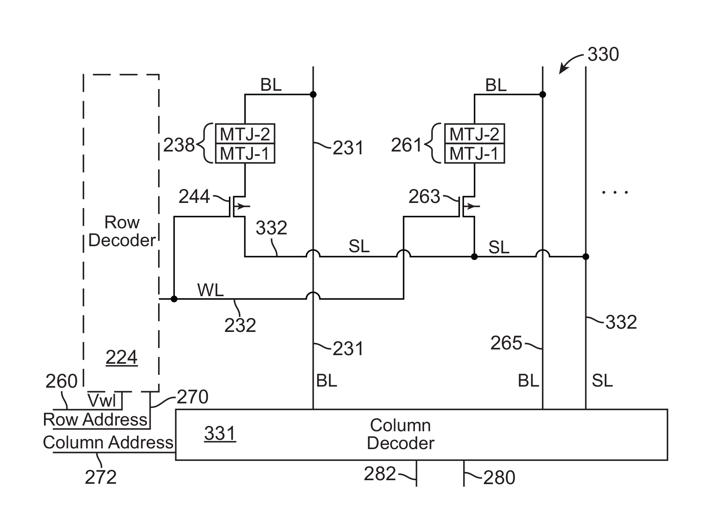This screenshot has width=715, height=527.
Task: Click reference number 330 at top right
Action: (603, 55)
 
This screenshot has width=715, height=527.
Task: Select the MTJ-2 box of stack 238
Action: (245, 134)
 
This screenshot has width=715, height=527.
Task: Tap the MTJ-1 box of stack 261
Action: (474, 154)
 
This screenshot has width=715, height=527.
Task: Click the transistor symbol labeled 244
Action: (236, 207)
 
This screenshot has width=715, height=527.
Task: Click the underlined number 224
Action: (122, 357)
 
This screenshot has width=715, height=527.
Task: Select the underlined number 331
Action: (220, 433)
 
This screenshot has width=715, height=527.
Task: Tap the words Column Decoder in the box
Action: (400, 434)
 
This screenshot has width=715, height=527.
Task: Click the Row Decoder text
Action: (122, 231)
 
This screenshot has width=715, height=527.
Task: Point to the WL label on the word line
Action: (210, 290)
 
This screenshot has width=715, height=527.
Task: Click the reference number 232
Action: (240, 325)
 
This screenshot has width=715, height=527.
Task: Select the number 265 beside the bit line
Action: (506, 343)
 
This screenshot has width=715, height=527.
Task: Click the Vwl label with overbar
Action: (102, 401)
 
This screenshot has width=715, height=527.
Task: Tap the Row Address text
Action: (95, 419)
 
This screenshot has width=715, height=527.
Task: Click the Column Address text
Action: (108, 442)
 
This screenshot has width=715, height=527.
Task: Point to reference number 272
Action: (101, 477)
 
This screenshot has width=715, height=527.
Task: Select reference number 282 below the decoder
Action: (379, 474)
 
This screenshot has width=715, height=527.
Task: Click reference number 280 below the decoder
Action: (499, 477)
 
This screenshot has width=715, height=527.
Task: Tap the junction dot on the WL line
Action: (174, 299)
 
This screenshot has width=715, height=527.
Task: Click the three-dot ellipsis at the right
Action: (615, 193)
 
